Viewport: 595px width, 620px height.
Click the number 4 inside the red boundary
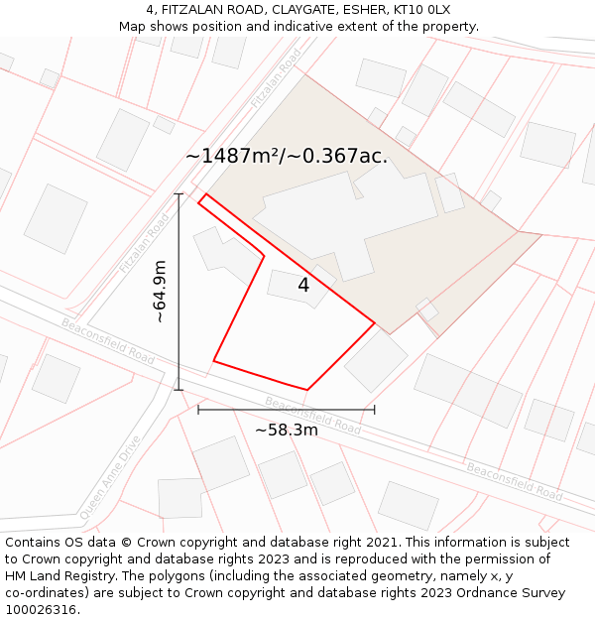pos(303,286)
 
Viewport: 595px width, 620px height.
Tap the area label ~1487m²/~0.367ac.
pos(287,156)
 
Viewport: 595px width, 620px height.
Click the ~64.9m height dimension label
pos(160,292)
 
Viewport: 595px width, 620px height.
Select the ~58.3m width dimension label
pos(287,430)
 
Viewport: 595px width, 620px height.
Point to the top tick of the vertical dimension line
pos(178,193)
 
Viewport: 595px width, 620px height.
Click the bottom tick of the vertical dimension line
pos(178,390)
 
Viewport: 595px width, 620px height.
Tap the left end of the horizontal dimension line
pos(198,409)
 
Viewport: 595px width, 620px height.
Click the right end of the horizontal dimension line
pos(375,409)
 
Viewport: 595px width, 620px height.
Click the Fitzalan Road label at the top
pos(276,78)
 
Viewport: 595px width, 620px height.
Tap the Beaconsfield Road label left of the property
pos(108,341)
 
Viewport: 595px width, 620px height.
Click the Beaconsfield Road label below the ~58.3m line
pos(312,416)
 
